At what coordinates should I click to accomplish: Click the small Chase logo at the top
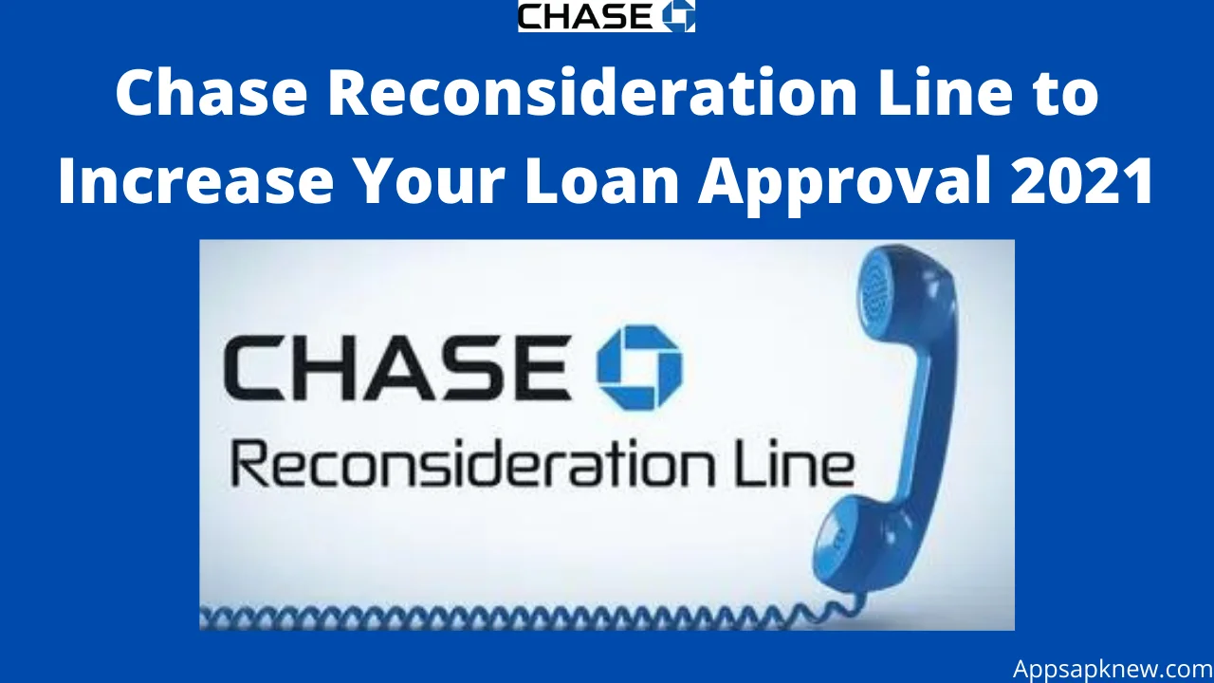[x=606, y=16]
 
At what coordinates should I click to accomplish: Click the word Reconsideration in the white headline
[x=593, y=93]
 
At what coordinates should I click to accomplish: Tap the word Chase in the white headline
[x=212, y=93]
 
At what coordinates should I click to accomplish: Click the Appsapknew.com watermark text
[x=1113, y=669]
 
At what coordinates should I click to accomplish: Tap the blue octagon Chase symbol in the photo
[x=639, y=367]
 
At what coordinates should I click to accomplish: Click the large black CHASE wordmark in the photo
[x=397, y=367]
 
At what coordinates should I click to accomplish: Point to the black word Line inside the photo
[x=792, y=462]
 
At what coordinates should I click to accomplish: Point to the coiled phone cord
[x=521, y=618]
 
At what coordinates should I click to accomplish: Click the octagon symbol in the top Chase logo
[x=678, y=16]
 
